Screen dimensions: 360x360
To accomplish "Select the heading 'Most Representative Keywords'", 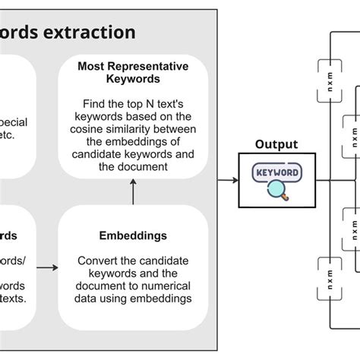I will (x=133, y=71).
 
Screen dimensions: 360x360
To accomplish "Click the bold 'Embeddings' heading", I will (x=133, y=235).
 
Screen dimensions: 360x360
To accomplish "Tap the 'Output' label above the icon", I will (x=276, y=144).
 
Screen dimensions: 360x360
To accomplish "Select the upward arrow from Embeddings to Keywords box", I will (x=133, y=195).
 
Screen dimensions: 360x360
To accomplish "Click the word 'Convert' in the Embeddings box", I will (x=95, y=261).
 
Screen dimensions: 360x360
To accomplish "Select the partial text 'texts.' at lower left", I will (x=17, y=298).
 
